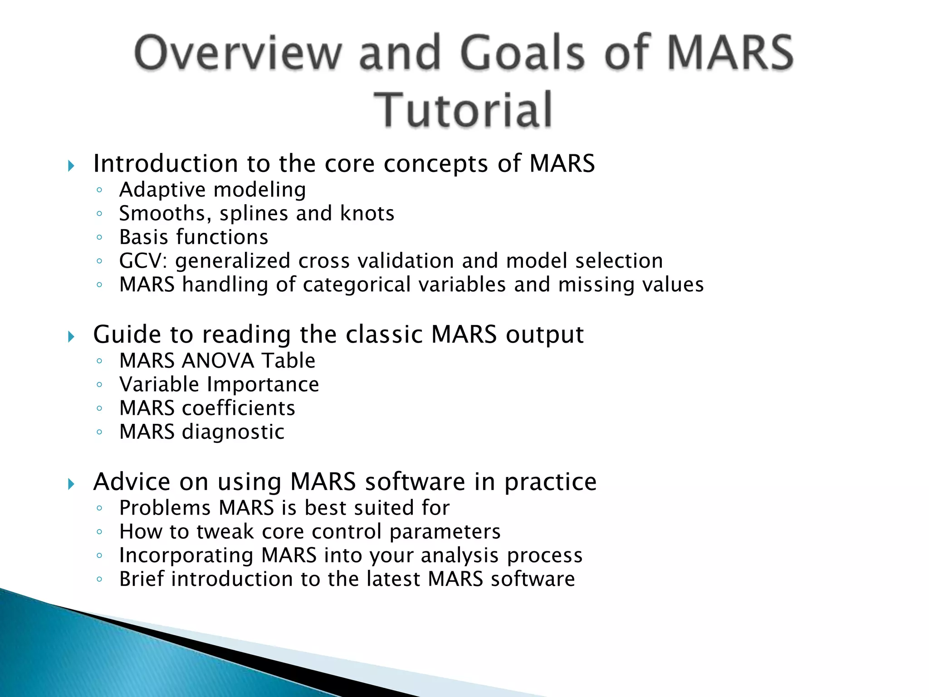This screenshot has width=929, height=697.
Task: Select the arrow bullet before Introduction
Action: coord(71,166)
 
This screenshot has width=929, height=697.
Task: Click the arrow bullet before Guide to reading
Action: coord(71,337)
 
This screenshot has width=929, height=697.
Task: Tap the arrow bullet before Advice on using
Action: coord(71,484)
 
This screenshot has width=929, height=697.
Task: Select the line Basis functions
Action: coord(194,237)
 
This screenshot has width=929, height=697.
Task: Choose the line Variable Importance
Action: coord(219,384)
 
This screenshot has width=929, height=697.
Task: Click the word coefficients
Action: coord(239,408)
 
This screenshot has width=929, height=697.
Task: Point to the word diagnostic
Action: coord(233,432)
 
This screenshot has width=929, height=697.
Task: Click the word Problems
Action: coord(165,508)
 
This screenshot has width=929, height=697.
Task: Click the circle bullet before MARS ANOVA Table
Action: coord(99,361)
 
